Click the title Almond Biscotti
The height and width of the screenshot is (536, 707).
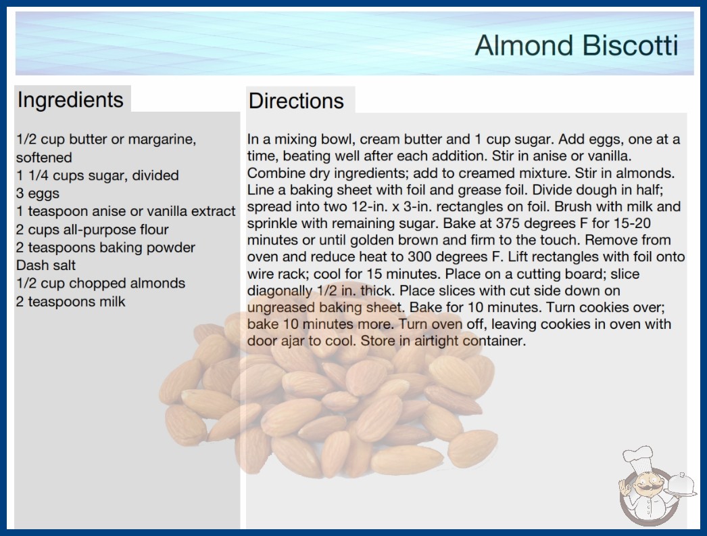tap(577, 45)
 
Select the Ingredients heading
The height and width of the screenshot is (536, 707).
tap(70, 100)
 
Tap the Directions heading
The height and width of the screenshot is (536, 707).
tap(296, 101)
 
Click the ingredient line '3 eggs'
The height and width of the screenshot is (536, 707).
tap(37, 194)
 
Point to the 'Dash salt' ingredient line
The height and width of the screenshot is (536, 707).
tap(45, 265)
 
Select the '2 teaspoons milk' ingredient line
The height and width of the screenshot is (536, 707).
tap(70, 301)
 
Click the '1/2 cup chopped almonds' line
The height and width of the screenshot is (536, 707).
tap(101, 283)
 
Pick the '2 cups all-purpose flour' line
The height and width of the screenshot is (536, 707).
tap(92, 229)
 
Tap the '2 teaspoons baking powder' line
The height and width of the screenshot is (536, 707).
tap(105, 248)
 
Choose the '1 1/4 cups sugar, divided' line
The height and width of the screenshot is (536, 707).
tap(97, 175)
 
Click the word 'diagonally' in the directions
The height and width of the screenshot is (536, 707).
tap(280, 291)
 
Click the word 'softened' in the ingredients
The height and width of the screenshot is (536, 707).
tap(44, 157)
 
